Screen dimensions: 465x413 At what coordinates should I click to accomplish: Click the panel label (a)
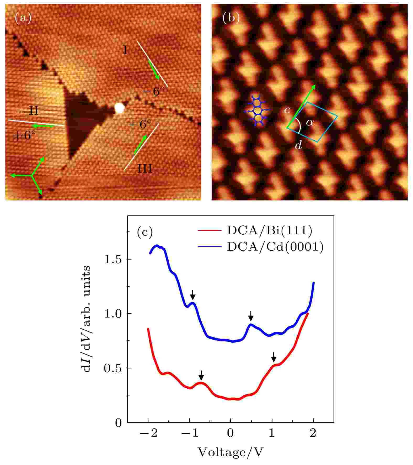(x=23, y=19)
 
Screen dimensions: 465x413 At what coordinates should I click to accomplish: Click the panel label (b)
(x=231, y=18)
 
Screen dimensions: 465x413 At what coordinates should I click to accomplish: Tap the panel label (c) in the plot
(x=145, y=232)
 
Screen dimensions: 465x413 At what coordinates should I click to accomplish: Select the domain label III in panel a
(x=145, y=168)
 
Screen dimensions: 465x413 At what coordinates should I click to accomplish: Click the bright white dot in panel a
(x=119, y=108)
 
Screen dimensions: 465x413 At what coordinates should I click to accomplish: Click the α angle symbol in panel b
(x=310, y=122)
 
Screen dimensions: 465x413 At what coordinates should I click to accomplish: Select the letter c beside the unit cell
(x=287, y=110)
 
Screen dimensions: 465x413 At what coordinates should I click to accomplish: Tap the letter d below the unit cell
(x=298, y=145)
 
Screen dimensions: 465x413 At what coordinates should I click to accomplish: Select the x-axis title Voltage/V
(x=230, y=452)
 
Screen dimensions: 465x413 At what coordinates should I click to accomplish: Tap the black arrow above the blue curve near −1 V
(x=193, y=294)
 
